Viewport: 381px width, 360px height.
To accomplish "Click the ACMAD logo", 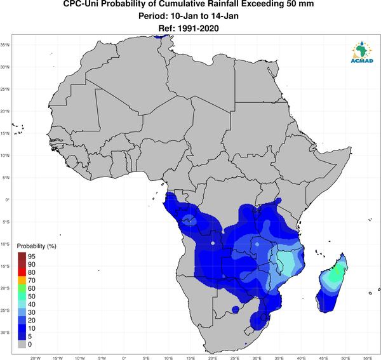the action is [x=362, y=52].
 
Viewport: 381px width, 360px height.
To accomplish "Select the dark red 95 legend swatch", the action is [x=22, y=257].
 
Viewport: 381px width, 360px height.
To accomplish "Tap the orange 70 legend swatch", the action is [x=22, y=281].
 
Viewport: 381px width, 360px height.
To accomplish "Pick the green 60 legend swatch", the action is [x=22, y=288].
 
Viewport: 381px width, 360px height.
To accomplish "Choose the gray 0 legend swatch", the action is [x=22, y=344].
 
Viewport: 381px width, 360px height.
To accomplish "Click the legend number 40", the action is [x=32, y=304].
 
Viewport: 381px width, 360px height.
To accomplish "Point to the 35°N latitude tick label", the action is [x=5, y=45].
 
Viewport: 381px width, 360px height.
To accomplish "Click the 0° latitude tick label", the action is [x=7, y=199].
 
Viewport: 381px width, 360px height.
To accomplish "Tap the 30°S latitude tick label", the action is [x=5, y=332].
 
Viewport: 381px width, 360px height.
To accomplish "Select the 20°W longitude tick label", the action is [x=36, y=358].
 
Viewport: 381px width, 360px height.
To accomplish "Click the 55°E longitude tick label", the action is [x=368, y=358].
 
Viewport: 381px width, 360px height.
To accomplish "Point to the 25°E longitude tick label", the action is [x=235, y=358].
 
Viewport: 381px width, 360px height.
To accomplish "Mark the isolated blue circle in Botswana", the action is [x=235, y=309].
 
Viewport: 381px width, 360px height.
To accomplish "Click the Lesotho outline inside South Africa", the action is [x=249, y=331].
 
